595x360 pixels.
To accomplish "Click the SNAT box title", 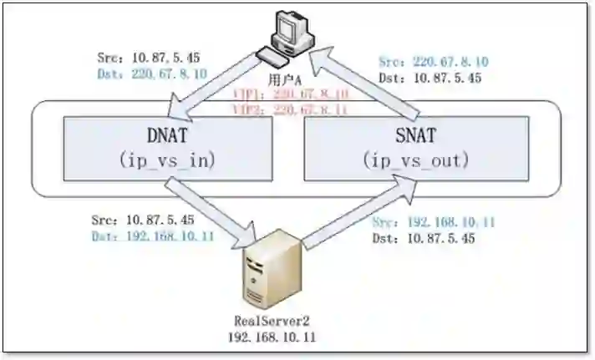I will click(x=414, y=135).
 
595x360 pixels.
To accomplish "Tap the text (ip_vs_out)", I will click(x=414, y=160).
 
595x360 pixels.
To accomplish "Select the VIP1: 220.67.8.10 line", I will click(x=292, y=95).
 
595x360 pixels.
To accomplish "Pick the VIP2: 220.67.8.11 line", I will click(x=292, y=109).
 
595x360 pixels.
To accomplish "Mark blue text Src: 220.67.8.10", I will click(x=434, y=63).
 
